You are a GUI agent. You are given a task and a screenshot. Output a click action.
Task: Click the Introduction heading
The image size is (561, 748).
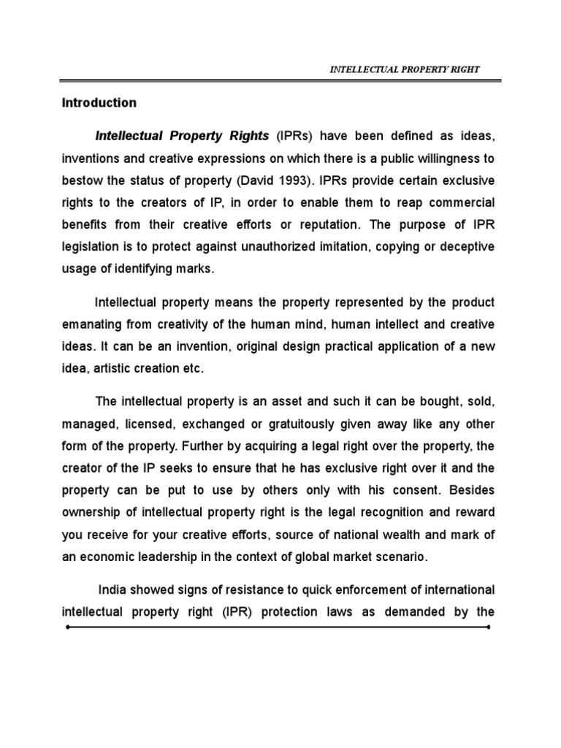tap(99, 103)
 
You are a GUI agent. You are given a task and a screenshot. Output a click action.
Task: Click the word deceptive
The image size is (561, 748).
tap(465, 245)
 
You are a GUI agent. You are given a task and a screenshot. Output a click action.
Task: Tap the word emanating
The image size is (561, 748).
tap(92, 324)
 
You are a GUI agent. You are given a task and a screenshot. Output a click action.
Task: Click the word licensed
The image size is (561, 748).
tap(141, 424)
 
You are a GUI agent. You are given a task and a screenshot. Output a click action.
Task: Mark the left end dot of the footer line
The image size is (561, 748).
tap(66, 627)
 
